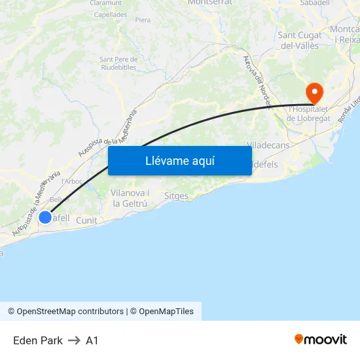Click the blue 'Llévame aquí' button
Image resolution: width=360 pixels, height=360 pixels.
point(179,160)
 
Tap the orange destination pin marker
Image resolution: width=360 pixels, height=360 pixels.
point(314,92)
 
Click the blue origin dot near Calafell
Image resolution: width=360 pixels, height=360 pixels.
point(45,217)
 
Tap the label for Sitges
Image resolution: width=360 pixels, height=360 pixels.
point(176,196)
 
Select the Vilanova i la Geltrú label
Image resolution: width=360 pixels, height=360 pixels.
point(130,198)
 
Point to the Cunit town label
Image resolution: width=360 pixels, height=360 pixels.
point(86,221)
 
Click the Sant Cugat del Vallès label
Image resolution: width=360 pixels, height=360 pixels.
point(299,41)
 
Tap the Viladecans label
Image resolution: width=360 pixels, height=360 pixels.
point(268,144)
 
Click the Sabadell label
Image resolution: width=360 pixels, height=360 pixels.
point(315,3)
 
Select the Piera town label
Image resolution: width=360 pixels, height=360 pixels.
point(143,20)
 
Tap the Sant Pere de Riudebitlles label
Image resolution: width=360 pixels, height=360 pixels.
point(118,63)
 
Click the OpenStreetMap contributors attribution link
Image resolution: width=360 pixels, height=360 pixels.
point(70,312)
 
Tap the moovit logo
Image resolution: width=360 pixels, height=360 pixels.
point(320,340)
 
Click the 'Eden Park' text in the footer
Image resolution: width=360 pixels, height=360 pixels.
point(38,340)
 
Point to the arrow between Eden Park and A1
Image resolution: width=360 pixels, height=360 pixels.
point(74,340)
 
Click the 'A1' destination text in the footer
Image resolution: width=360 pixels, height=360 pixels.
point(92,340)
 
